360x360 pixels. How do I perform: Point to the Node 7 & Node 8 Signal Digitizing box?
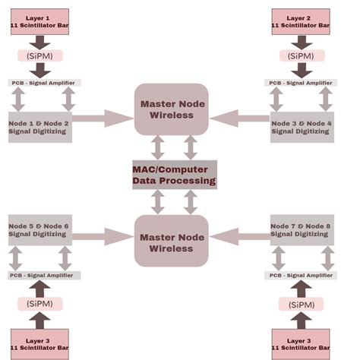click(302, 229)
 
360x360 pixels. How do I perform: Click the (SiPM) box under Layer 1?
click(40, 55)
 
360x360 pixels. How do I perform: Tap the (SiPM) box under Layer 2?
click(302, 55)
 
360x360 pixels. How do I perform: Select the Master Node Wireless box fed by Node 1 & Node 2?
click(172, 109)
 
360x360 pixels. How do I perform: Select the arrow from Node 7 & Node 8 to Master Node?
click(238, 237)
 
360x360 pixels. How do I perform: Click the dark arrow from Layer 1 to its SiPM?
click(40, 40)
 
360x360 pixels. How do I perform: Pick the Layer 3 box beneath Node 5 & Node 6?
click(40, 343)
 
